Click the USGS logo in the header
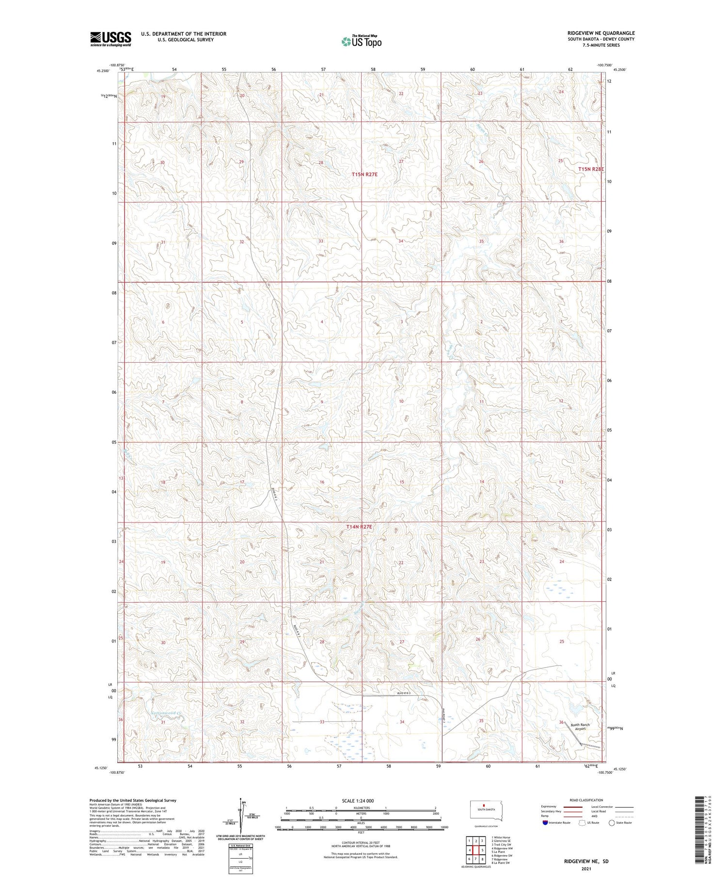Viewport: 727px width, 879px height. click(x=111, y=39)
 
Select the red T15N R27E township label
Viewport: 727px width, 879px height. click(x=365, y=174)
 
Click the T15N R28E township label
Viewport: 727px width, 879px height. click(x=591, y=169)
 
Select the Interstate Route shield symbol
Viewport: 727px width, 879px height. click(x=545, y=822)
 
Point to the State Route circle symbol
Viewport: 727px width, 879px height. click(x=612, y=822)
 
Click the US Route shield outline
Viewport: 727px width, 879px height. click(x=582, y=822)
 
